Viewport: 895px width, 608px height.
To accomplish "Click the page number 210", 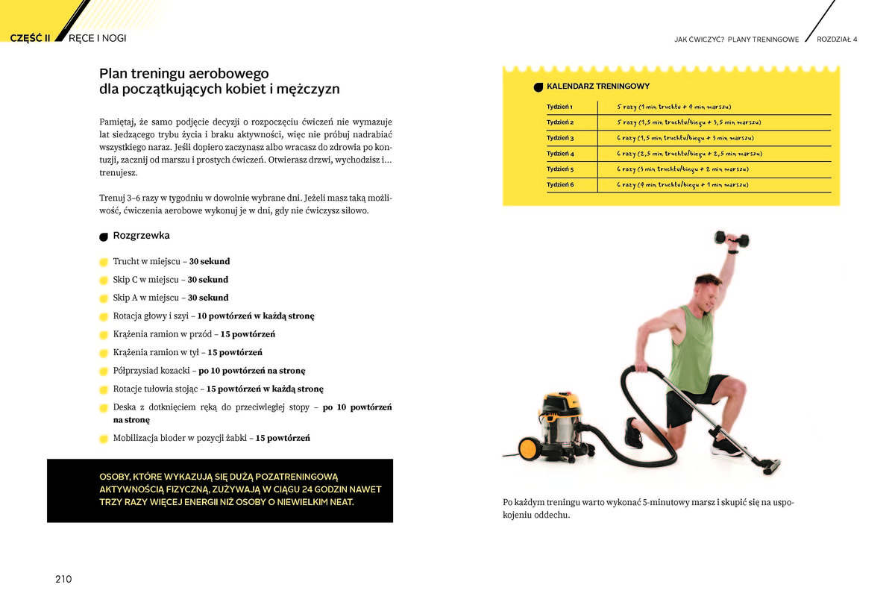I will coord(63,579).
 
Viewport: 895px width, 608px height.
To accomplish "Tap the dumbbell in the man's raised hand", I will coord(731,239).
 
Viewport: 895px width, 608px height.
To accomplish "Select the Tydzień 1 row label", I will coord(559,107).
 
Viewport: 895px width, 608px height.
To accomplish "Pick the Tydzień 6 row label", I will coord(560,184).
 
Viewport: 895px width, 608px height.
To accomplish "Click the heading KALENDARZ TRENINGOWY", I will coord(597,87).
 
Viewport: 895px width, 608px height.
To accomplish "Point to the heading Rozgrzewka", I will coord(141,236).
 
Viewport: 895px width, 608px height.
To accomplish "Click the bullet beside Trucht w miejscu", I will coord(104,263).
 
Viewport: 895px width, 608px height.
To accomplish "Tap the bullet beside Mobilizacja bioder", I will coord(104,439).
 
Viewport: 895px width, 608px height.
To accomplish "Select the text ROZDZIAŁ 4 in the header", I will coord(837,40).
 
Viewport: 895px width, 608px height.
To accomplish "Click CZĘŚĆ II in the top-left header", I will coord(30,38).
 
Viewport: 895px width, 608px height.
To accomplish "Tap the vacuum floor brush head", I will coord(770,466).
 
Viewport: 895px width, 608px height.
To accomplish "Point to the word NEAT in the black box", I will coord(339,502).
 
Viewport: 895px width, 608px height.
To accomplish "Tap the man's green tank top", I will coord(691,351).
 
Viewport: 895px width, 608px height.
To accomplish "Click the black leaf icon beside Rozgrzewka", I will coord(104,237).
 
